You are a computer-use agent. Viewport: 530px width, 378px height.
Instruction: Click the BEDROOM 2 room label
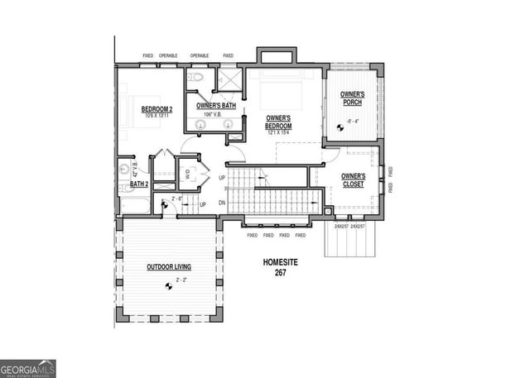(157, 109)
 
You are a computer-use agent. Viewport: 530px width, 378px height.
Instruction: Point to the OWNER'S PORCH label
(354, 99)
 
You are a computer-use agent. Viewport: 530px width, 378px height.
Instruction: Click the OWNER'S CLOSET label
(354, 179)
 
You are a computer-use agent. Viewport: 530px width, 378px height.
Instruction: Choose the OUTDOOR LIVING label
(169, 267)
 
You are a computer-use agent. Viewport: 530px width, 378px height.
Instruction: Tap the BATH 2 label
(139, 184)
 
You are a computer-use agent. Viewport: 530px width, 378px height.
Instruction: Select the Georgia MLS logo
(28, 368)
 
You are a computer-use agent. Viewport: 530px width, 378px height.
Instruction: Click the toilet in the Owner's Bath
(195, 78)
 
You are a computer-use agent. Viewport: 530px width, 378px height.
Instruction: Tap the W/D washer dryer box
(187, 174)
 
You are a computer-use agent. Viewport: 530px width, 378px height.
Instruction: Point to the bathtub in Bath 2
(135, 203)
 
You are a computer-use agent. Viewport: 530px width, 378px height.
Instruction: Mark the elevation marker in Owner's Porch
(341, 126)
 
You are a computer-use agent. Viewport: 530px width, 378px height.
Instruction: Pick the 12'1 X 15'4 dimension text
(282, 132)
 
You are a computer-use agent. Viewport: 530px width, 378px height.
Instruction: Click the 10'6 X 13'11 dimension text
(157, 116)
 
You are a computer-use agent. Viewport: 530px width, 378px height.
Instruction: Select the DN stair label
(221, 202)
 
